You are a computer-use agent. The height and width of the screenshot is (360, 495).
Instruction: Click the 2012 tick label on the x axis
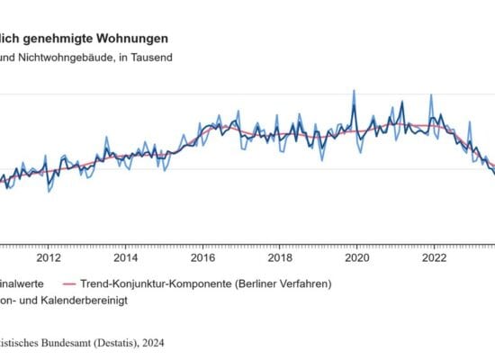[x=49, y=256]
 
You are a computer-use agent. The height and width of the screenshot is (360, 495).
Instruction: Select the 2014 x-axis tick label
[x=126, y=256]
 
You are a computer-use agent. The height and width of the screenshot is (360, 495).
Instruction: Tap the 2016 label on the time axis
[x=202, y=256]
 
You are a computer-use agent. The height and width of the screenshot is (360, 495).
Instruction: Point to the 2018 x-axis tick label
[x=280, y=256]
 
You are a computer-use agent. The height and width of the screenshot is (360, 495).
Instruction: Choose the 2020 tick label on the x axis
[x=357, y=256]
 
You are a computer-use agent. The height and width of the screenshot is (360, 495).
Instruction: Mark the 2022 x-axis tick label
[x=434, y=256]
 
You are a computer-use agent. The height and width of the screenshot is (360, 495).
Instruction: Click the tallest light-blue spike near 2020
[x=353, y=91]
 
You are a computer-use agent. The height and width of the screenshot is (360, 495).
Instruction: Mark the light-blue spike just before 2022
[x=431, y=95]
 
